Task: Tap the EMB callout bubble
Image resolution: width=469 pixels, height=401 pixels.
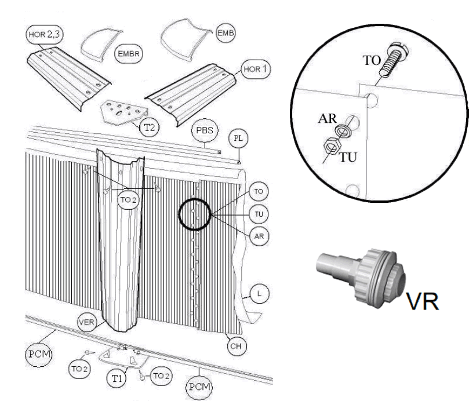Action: point(223,34)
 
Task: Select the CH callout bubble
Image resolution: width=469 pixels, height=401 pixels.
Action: point(236,346)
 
